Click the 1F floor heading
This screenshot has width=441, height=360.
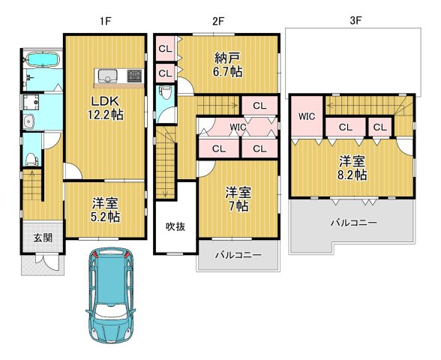click(x=104, y=21)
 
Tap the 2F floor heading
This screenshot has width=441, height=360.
click(x=218, y=21)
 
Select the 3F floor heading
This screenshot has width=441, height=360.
click(x=355, y=21)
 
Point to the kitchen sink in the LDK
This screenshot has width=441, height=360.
click(x=106, y=76)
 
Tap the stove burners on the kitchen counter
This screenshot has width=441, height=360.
click(x=135, y=76)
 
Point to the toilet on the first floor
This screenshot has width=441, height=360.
click(x=31, y=157)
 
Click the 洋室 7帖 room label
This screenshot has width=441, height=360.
click(x=238, y=199)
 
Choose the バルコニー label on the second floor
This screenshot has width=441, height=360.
click(x=238, y=255)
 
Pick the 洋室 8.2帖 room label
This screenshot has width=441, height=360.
click(x=352, y=167)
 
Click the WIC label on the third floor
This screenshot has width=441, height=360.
click(x=306, y=116)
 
